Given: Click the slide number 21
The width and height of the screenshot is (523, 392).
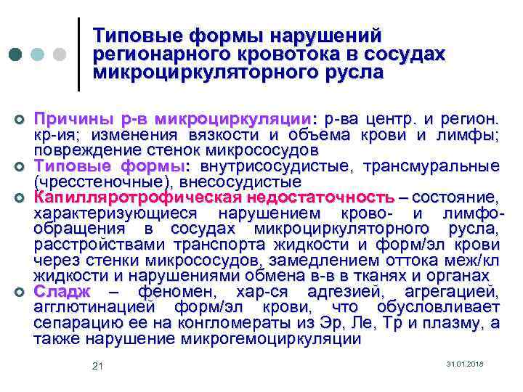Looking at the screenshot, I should (98, 366).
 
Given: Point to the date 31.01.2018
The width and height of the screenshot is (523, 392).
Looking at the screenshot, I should (465, 363).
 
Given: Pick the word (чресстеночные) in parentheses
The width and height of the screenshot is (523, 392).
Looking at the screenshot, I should (92, 181).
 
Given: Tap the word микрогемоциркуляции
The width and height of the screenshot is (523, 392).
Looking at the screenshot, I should (287, 339).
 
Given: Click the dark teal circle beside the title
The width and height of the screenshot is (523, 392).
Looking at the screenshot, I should (15, 54).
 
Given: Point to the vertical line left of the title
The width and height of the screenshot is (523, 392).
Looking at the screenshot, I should (78, 54).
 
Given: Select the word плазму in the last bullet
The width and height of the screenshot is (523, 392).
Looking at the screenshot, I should (461, 323).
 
